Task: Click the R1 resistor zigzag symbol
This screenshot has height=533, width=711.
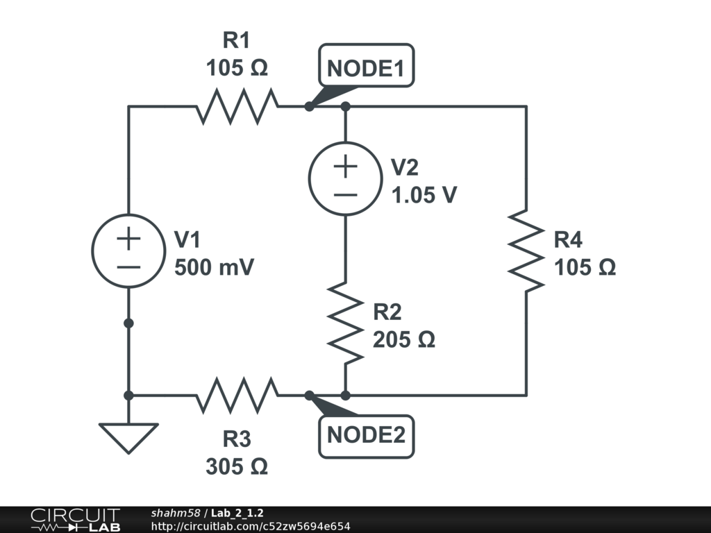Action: tap(237, 107)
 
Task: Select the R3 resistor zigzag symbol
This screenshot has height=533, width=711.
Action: tap(237, 395)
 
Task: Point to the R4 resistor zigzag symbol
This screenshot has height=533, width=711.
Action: tap(526, 251)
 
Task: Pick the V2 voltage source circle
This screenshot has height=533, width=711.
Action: tap(345, 179)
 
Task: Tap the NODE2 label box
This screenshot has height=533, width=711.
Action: tap(366, 436)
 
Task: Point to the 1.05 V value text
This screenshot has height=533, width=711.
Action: tap(424, 196)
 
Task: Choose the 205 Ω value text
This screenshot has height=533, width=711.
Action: tap(403, 340)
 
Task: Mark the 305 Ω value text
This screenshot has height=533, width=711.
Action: tap(237, 467)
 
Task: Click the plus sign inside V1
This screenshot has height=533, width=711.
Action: tap(128, 239)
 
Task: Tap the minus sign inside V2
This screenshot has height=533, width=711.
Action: tap(345, 194)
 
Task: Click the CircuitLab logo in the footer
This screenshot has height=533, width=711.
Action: tap(74, 520)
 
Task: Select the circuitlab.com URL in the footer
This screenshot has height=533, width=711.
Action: tap(250, 527)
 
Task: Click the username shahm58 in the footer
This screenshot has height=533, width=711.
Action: tap(175, 513)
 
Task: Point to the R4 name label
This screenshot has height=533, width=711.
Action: tap(568, 241)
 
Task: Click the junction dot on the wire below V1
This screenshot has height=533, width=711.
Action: tap(128, 323)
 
